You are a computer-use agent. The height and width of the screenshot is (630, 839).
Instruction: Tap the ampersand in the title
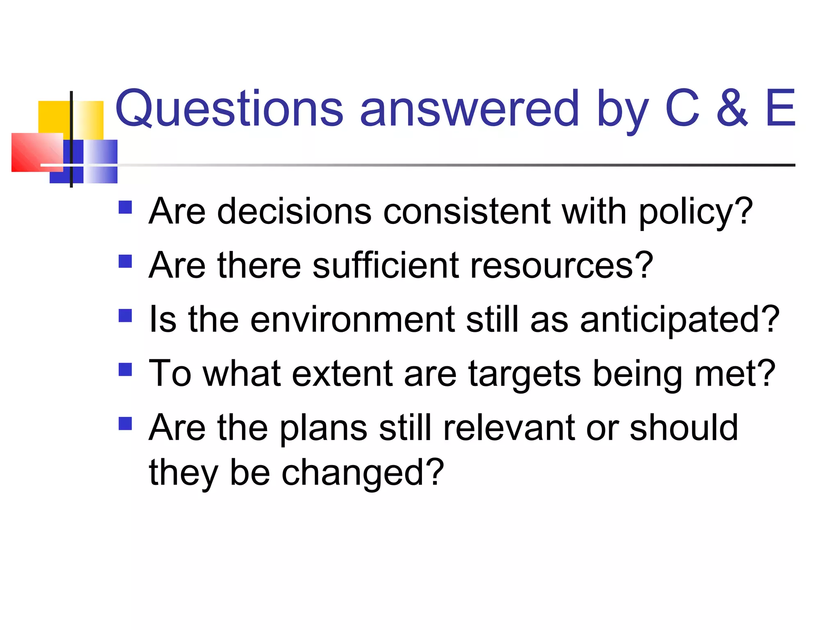(732, 108)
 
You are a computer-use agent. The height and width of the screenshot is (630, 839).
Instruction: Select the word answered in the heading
(469, 108)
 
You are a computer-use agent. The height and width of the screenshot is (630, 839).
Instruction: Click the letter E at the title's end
(780, 108)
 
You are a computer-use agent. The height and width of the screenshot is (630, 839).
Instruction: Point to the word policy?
(696, 212)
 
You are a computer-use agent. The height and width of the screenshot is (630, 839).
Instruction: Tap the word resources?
(562, 266)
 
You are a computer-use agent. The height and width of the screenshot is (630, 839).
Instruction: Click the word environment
(352, 320)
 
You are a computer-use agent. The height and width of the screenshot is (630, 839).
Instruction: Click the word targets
(524, 374)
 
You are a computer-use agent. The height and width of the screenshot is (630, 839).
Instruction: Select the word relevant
(509, 428)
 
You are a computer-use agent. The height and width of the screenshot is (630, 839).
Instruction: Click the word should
(683, 428)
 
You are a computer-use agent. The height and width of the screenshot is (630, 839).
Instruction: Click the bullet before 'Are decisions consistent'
(125, 207)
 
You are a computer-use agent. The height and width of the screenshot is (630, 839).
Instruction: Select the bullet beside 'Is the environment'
(125, 315)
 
